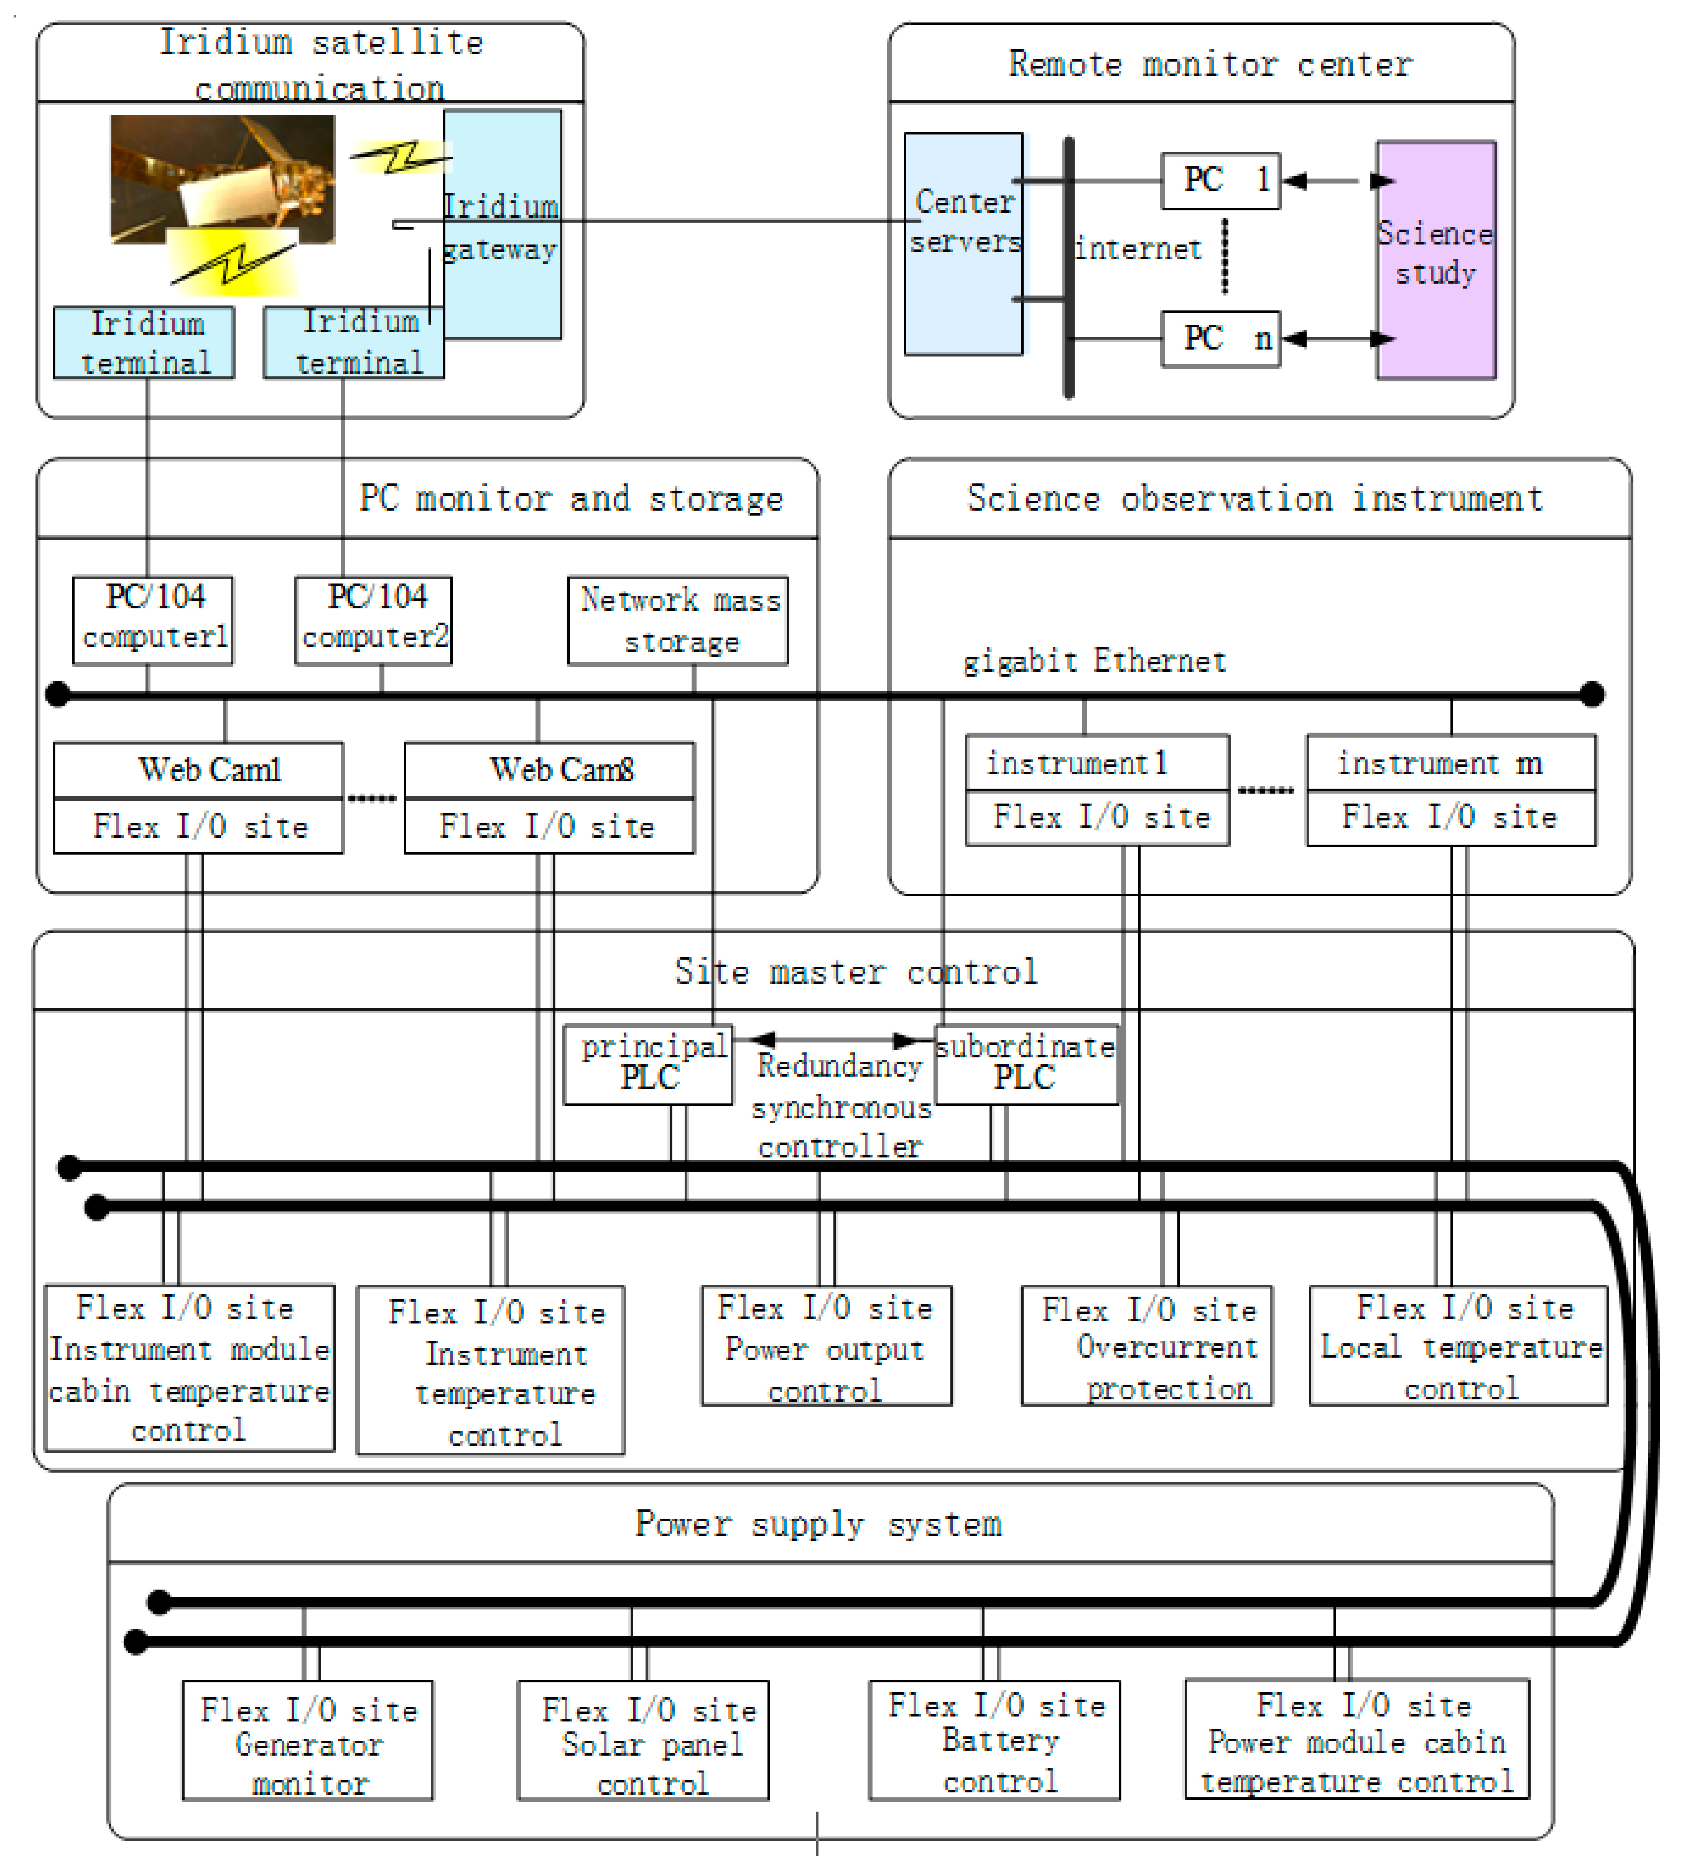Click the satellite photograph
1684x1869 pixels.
pyautogui.click(x=222, y=179)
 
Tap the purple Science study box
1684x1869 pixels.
pyautogui.click(x=1436, y=260)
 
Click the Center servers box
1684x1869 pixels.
pyautogui.click(x=963, y=243)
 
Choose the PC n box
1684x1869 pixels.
pyautogui.click(x=1221, y=339)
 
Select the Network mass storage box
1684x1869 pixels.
pyautogui.click(x=678, y=620)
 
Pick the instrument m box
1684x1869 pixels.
pyautogui.click(x=1451, y=763)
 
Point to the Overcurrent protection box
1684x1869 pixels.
pyautogui.click(x=1147, y=1345)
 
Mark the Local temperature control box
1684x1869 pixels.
pyautogui.click(x=1458, y=1345)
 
